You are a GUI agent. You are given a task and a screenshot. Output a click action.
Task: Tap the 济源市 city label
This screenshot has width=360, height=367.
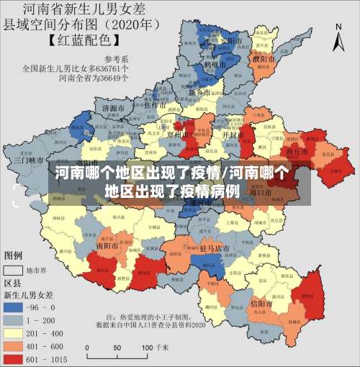coord(114,109)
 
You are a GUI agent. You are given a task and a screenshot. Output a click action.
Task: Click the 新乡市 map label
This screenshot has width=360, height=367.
coord(199,93)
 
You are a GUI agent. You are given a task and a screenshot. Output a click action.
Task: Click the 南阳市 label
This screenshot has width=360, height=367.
coord(108,245)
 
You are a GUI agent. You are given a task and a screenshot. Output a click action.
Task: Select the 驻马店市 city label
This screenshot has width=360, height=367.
coord(214,248)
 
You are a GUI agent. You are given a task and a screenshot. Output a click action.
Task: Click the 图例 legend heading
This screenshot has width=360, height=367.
coord(13,255)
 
